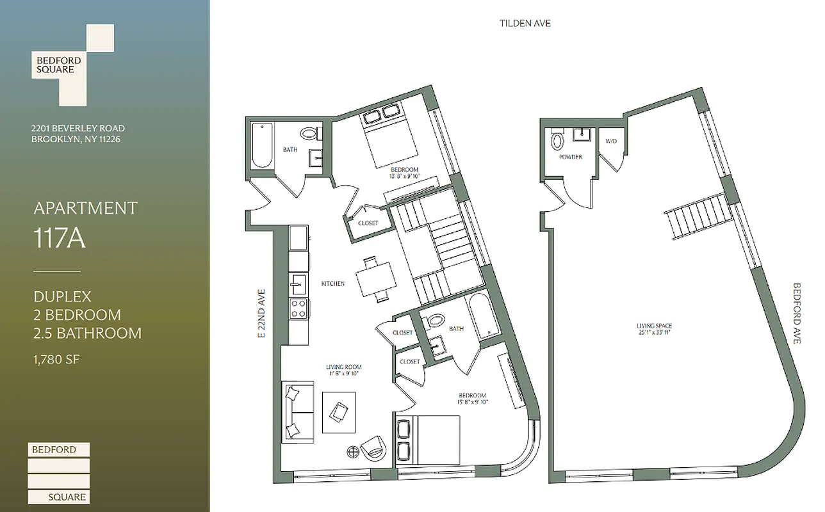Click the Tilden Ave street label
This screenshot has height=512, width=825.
tap(525, 24)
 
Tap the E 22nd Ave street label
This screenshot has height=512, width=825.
tap(261, 313)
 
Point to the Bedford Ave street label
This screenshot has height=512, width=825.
tap(797, 314)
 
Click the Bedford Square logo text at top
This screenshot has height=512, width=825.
tap(58, 65)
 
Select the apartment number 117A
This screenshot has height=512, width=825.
tap(59, 239)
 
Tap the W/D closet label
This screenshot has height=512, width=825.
tap(610, 141)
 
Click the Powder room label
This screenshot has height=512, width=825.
tap(570, 157)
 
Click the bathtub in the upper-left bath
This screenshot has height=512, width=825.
tap(262, 145)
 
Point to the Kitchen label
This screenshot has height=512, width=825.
tap(333, 284)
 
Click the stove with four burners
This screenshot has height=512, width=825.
tap(298, 309)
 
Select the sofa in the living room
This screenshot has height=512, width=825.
tap(297, 412)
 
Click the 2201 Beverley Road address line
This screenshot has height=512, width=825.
tap(78, 128)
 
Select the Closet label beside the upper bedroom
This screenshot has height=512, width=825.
tap(368, 223)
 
